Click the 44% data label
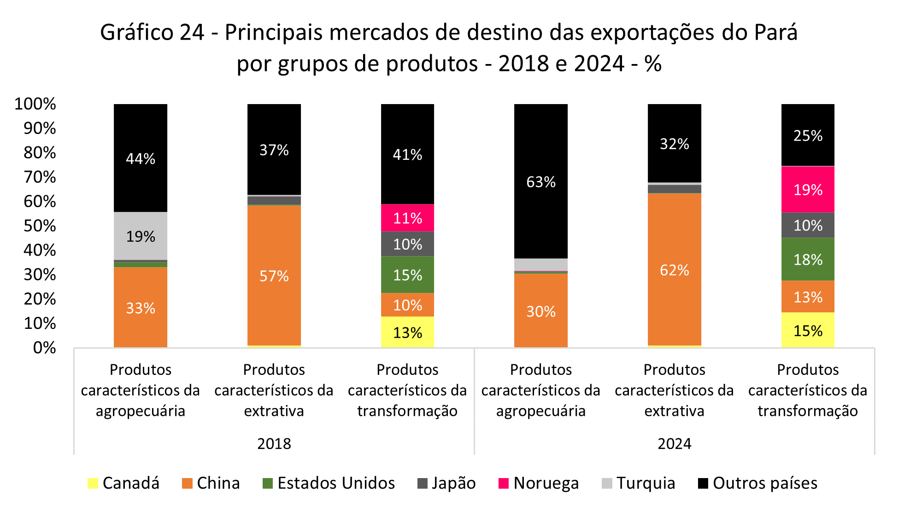coord(141,159)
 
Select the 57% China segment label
coord(274,276)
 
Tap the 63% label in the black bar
coord(541,182)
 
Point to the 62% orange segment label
coord(674,270)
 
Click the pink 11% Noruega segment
coord(407,218)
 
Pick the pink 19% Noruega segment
coord(808,190)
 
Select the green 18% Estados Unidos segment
coord(808,260)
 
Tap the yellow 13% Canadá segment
coord(407,333)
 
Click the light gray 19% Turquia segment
coord(141,236)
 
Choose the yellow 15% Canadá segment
coord(808,331)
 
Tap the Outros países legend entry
coord(757,483)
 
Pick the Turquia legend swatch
coord(607,484)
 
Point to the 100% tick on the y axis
coord(35,104)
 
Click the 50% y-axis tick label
coord(40,226)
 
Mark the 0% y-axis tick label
coord(44,348)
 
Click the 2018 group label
coord(274,444)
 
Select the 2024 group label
coord(674,444)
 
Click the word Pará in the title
coord(775,33)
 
